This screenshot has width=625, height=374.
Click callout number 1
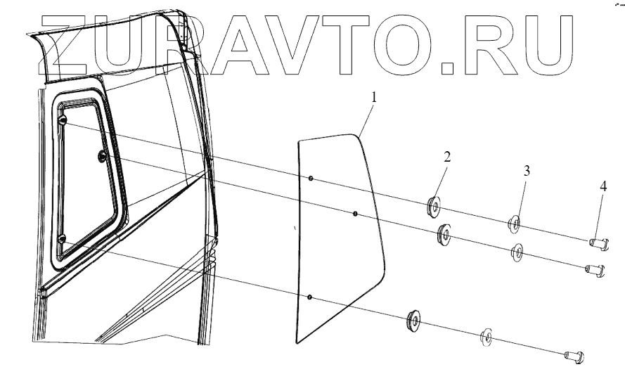[374, 97]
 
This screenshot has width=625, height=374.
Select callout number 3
[527, 171]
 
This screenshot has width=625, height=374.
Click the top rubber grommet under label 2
[433, 207]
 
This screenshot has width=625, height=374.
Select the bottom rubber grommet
[413, 321]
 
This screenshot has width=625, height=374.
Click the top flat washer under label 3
[515, 225]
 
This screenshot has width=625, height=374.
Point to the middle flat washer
[519, 251]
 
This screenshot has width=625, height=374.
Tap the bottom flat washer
[486, 337]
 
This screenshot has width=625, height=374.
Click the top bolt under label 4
[598, 243]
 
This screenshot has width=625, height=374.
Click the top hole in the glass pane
[310, 179]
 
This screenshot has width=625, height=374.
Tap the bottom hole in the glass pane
[310, 297]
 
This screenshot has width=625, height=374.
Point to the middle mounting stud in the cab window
[102, 155]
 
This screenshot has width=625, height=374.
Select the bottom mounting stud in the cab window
[61, 240]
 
